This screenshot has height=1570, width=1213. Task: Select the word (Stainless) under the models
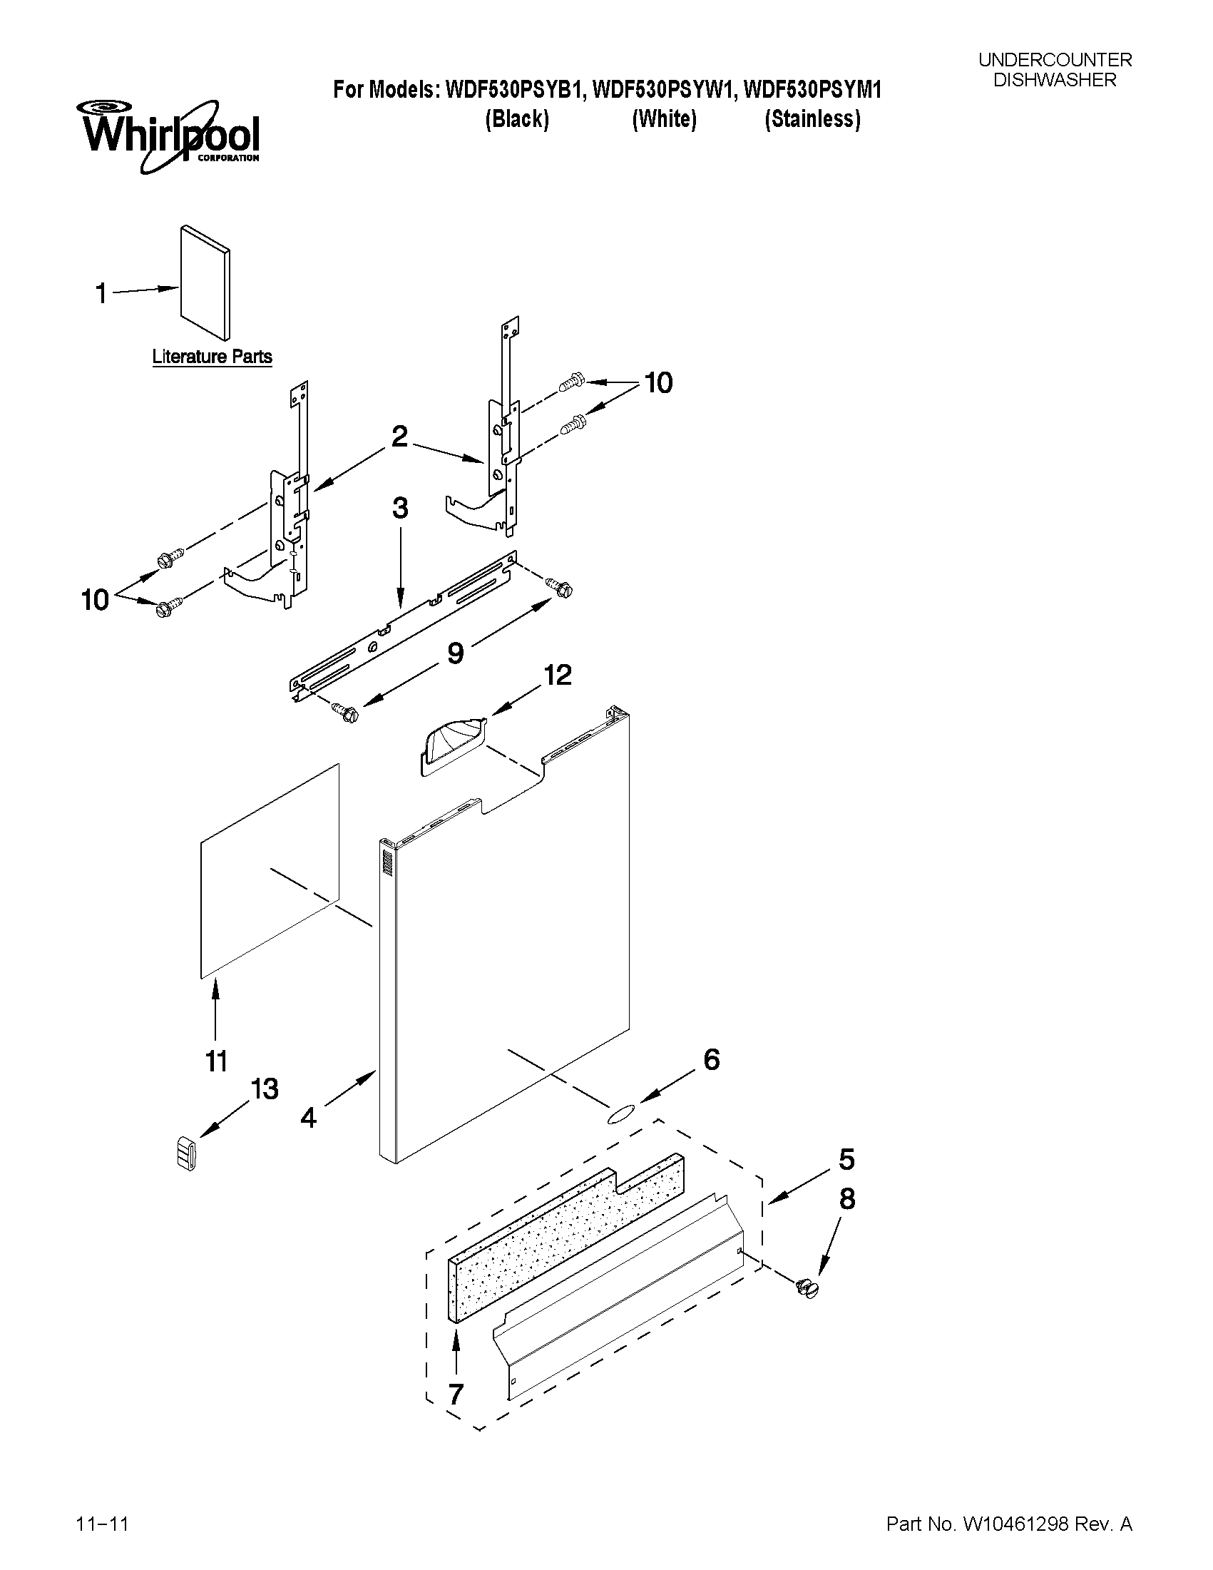[x=812, y=118]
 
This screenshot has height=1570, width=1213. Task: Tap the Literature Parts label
[x=212, y=357]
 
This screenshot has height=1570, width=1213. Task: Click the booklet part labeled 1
[x=205, y=282]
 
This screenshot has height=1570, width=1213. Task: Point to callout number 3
[x=400, y=509]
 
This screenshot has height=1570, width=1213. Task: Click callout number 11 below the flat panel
[x=216, y=1061]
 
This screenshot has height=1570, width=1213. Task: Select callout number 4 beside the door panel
[x=308, y=1117]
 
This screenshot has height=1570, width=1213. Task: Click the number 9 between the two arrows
[x=456, y=653]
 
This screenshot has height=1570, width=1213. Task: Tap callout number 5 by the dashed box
[x=846, y=1160]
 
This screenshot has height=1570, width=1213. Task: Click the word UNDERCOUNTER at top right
[x=1054, y=61]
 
